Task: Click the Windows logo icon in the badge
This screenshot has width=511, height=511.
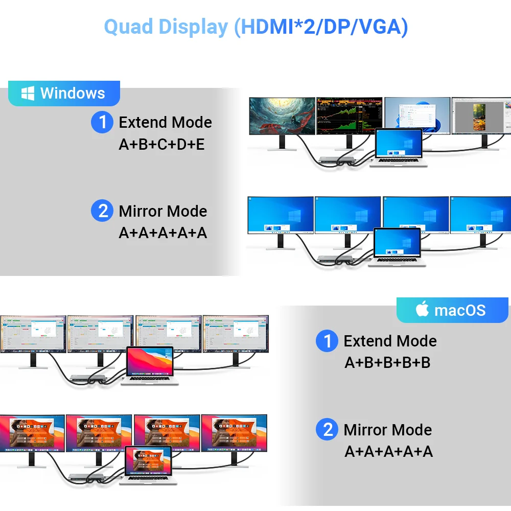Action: pos(28,93)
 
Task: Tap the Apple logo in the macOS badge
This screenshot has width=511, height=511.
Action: pos(422,309)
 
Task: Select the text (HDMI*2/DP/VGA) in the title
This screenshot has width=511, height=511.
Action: pos(321,27)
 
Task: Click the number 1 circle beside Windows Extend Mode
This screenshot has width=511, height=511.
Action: pos(102,122)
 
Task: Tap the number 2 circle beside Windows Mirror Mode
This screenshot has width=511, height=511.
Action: pos(102,211)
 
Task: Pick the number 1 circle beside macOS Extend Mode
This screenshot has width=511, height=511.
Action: pos(327,341)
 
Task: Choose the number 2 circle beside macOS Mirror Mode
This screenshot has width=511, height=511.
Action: pos(327,430)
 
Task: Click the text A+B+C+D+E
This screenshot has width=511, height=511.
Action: pos(161,145)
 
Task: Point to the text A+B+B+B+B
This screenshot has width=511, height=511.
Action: pos(387,363)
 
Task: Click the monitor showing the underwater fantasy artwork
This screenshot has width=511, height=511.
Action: pos(281,116)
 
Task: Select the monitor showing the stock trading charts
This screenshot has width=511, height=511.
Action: pos(349,116)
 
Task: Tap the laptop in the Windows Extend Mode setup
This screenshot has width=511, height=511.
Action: pos(399,148)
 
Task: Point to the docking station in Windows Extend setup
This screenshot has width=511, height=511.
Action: pos(336,160)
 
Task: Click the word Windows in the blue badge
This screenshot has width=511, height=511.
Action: pos(73,93)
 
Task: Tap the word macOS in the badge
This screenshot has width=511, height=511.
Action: pos(460,310)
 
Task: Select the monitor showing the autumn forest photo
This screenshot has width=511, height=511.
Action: pos(480,117)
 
